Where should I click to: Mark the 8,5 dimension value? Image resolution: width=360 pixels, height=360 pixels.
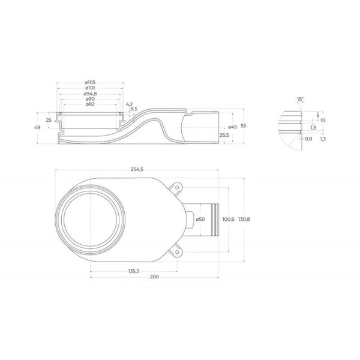[134, 109]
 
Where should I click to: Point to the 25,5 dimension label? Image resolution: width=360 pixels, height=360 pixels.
[224, 136]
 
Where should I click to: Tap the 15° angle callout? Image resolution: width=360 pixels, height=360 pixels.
[300, 98]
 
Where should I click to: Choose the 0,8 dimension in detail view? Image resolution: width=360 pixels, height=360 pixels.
[308, 139]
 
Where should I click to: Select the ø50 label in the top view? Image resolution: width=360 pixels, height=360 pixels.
[200, 220]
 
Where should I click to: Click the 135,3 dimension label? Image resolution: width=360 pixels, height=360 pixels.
[133, 271]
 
